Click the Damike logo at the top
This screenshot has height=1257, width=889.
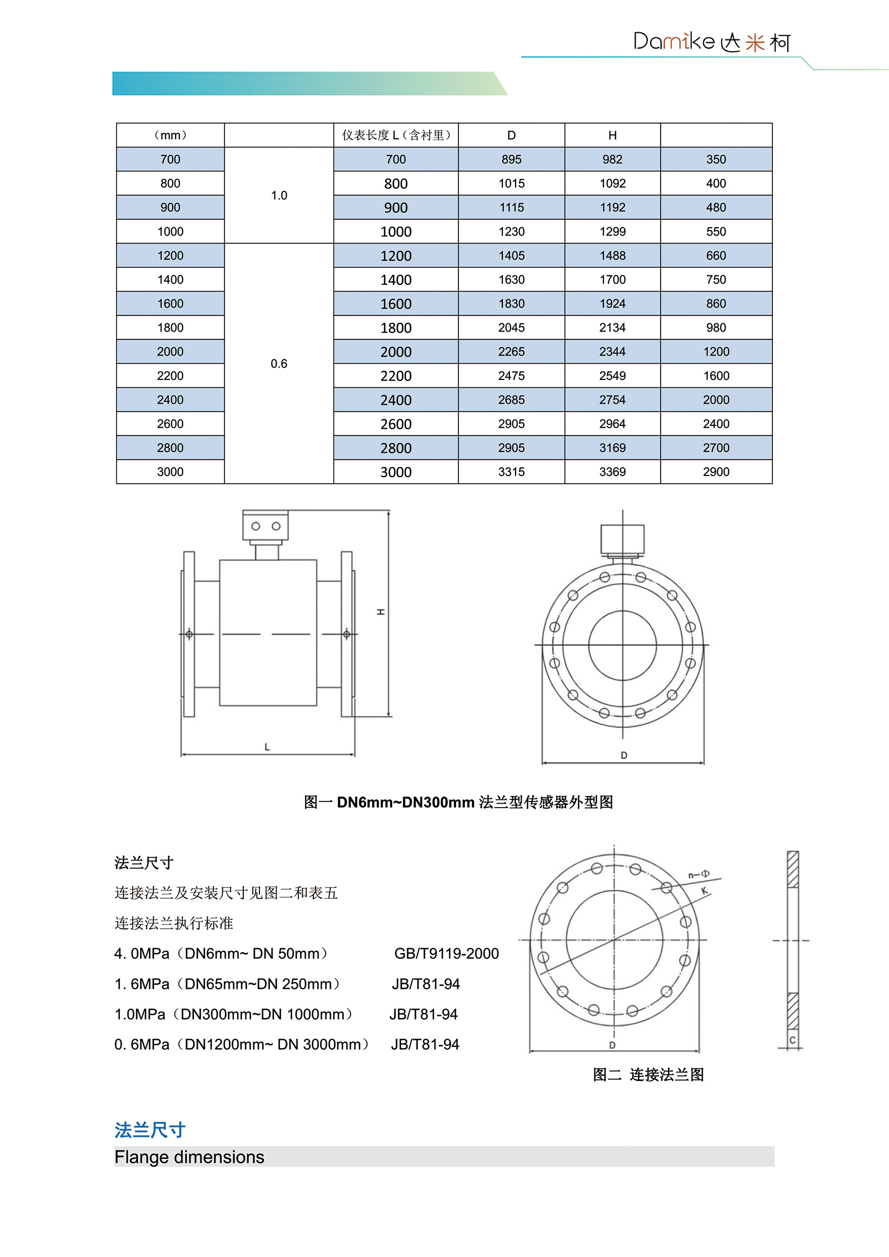click(x=711, y=42)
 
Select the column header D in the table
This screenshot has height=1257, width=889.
click(x=511, y=136)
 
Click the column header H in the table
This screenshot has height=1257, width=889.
click(x=612, y=136)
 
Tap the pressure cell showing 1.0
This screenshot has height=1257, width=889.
click(x=279, y=196)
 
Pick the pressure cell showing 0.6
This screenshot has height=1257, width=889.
click(x=279, y=364)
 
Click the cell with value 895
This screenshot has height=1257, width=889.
click(x=511, y=160)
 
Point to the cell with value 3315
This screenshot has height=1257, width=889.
click(x=511, y=472)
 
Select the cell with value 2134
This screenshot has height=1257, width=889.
click(x=612, y=328)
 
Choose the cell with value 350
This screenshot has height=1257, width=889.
click(x=716, y=160)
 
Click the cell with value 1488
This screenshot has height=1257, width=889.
click(x=612, y=256)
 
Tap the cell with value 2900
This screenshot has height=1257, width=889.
click(x=716, y=472)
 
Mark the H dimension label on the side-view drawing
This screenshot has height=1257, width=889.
click(x=381, y=612)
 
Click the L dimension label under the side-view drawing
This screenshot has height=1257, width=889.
click(x=267, y=747)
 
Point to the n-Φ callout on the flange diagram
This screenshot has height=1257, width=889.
click(x=698, y=875)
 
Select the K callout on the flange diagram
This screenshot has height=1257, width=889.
click(x=704, y=891)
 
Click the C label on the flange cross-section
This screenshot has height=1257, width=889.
click(x=792, y=1040)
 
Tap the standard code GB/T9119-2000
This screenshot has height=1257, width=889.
click(x=446, y=954)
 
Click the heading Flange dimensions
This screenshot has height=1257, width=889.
click(x=189, y=1157)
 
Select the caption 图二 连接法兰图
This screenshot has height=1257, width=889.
click(x=648, y=1075)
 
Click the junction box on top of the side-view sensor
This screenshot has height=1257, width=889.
click(x=266, y=525)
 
